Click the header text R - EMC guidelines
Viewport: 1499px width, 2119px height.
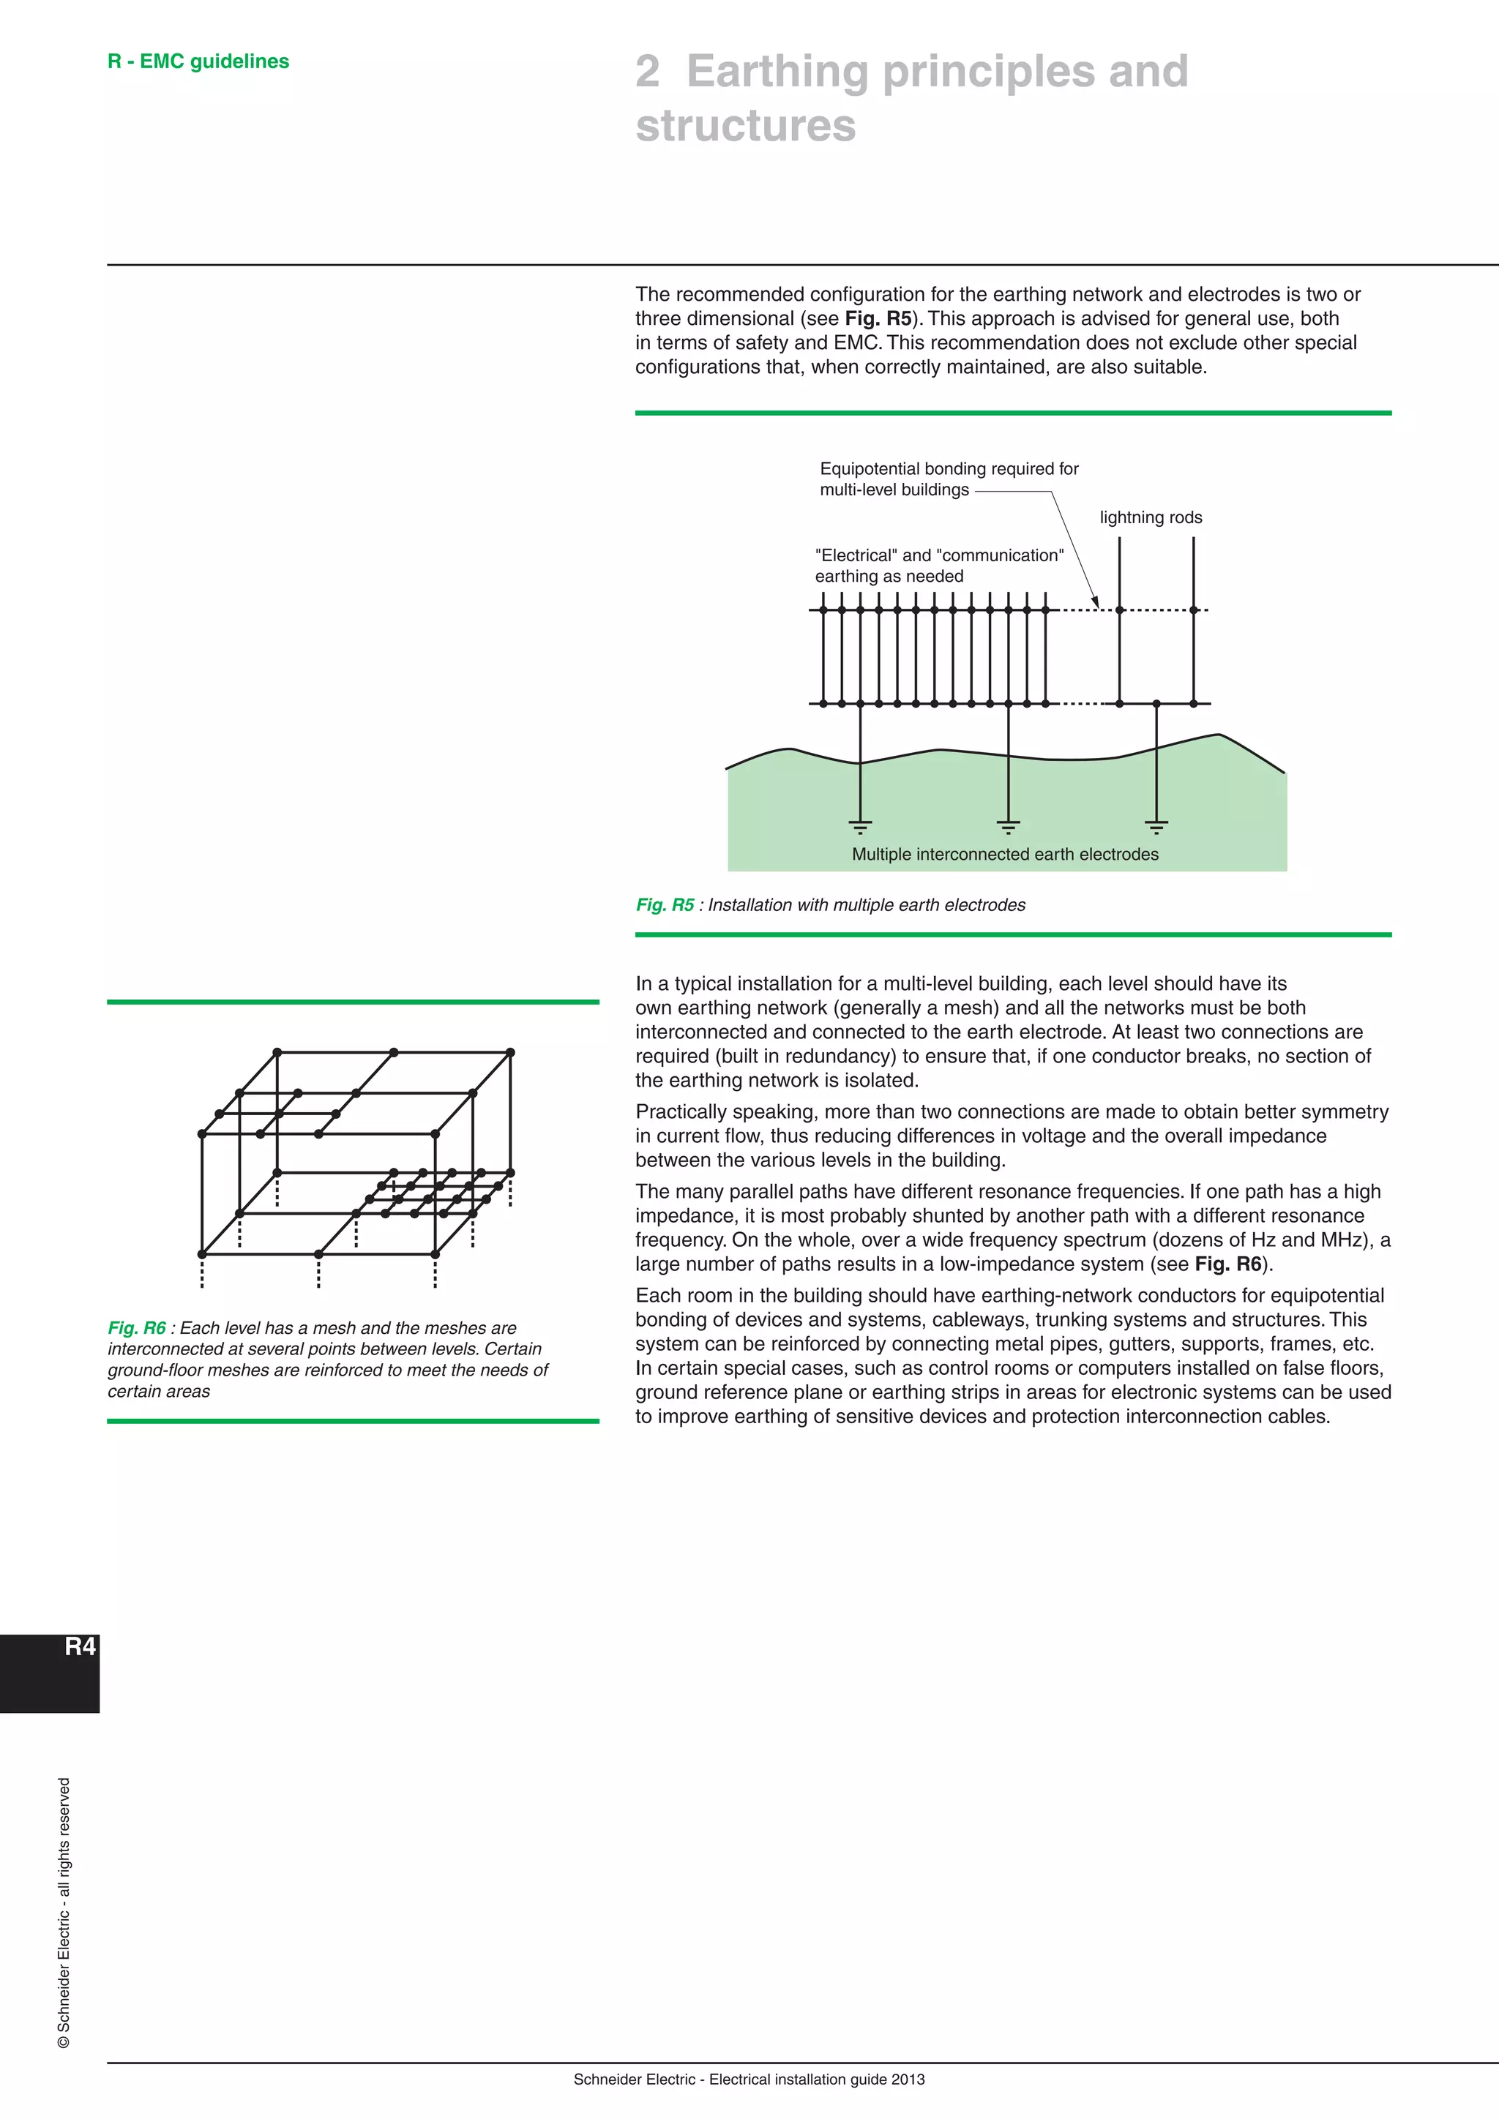click(198, 62)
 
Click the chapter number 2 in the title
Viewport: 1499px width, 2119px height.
click(648, 72)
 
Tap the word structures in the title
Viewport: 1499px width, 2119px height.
click(745, 126)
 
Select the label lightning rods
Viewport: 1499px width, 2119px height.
click(1150, 518)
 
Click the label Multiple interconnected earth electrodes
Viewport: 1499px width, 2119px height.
click(1004, 855)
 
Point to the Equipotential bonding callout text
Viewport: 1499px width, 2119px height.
click(948, 479)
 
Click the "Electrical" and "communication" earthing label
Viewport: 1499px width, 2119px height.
click(939, 566)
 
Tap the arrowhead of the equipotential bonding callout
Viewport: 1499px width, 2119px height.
click(1096, 603)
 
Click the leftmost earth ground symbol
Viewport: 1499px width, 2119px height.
click(860, 826)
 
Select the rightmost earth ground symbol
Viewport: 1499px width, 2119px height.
click(1156, 826)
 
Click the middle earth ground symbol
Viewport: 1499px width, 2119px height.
click(1008, 826)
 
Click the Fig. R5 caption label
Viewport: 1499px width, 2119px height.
click(665, 905)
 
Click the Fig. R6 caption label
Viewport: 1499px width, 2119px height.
click(137, 1328)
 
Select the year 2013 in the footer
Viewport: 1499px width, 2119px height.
click(908, 2079)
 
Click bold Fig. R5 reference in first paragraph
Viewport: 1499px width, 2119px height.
click(878, 319)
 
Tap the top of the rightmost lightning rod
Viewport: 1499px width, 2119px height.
click(1194, 541)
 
